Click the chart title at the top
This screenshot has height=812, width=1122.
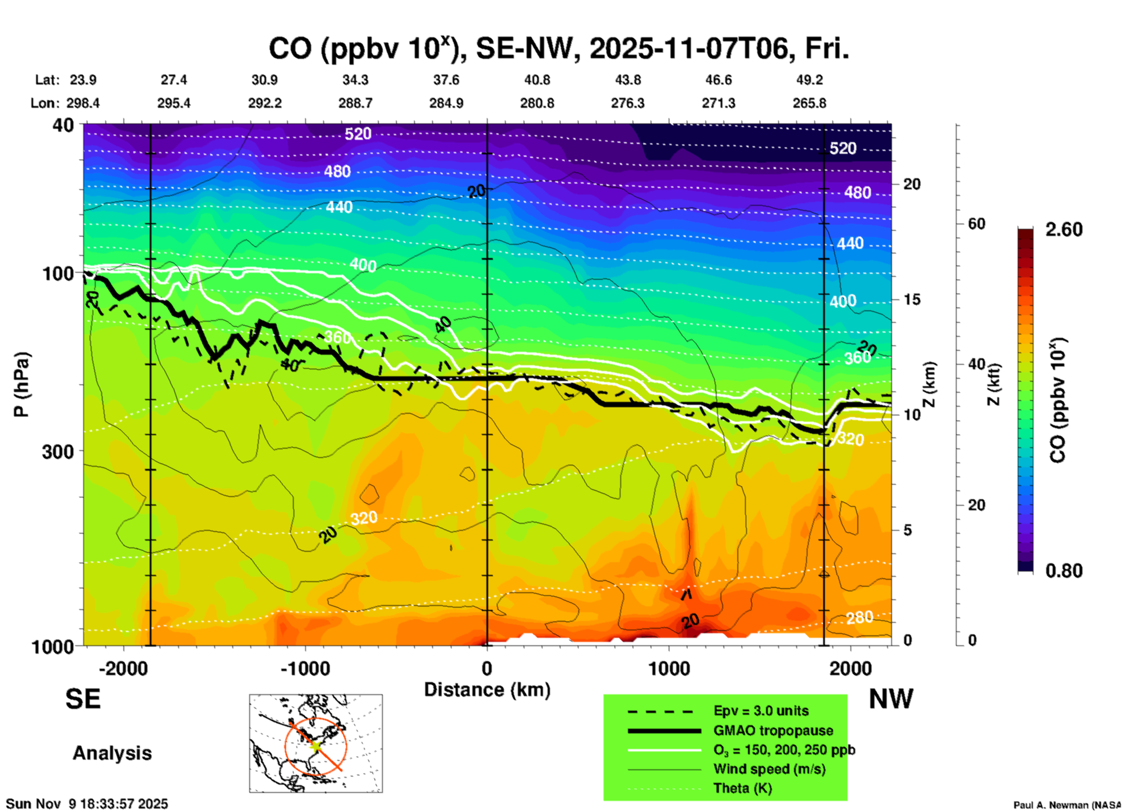click(x=558, y=49)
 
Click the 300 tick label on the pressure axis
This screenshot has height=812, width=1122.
click(x=58, y=451)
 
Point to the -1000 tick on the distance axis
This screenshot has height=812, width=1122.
click(x=305, y=668)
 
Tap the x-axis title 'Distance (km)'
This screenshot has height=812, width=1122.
click(x=487, y=690)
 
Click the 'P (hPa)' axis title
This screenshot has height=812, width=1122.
click(x=22, y=384)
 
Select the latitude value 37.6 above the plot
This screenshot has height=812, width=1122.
click(x=446, y=80)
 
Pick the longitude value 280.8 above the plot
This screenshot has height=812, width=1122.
click(x=537, y=103)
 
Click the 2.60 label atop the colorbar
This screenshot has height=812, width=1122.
click(x=1064, y=230)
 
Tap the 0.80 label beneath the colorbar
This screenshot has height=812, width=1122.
click(x=1064, y=571)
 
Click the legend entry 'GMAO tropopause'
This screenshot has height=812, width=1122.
click(x=773, y=730)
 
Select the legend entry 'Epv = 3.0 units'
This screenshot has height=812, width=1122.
click(x=761, y=711)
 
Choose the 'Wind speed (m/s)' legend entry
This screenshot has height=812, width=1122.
click(x=769, y=769)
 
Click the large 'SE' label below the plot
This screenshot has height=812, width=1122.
click(x=83, y=699)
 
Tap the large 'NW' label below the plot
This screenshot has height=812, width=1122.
click(x=891, y=699)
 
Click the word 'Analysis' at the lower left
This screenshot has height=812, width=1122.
click(x=112, y=753)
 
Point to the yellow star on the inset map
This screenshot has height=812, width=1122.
click(x=316, y=745)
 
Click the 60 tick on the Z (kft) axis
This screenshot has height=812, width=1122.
click(x=976, y=224)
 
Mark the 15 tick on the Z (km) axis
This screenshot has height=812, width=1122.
click(x=912, y=299)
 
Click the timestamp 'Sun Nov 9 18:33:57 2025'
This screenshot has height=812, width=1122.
click(x=87, y=804)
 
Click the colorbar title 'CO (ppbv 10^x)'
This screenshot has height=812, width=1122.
click(x=1058, y=400)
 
